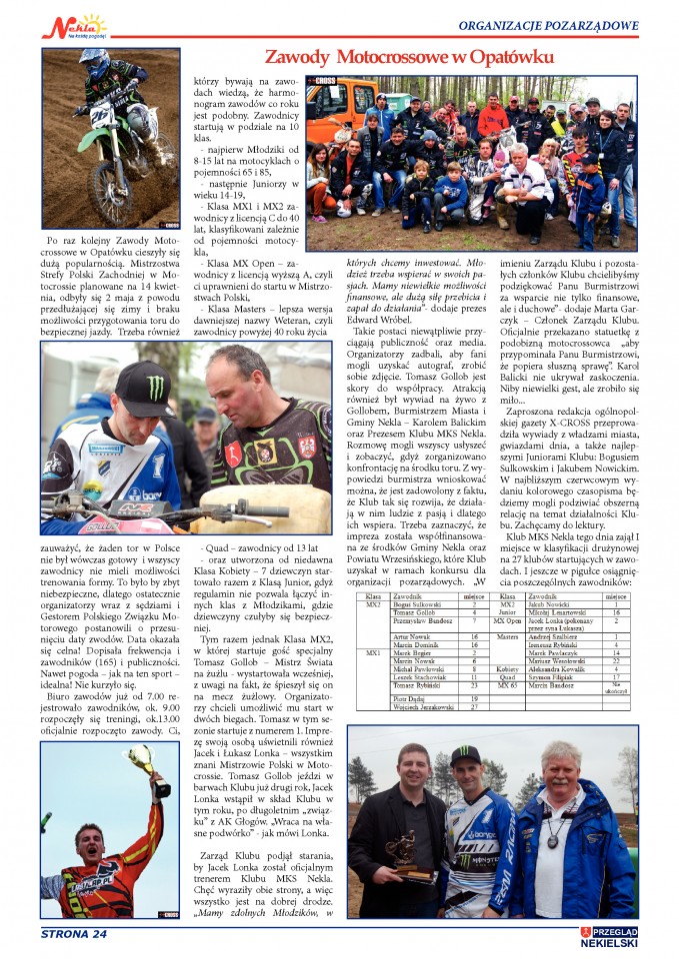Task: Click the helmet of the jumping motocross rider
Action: pyautogui.click(x=95, y=61)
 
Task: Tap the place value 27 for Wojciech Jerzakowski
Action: pyautogui.click(x=474, y=706)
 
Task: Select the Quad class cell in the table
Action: pyautogui.click(x=506, y=677)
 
